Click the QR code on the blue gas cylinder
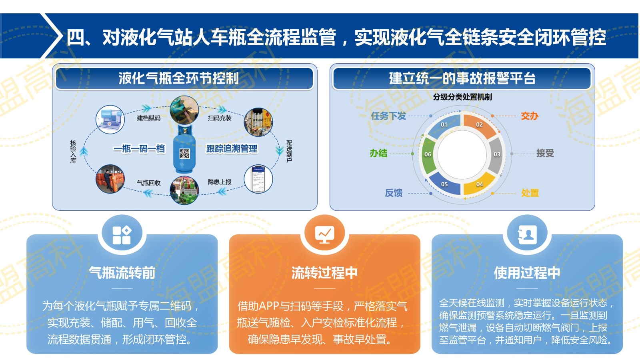[184, 154]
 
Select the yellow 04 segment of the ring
[479, 184]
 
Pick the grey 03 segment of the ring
[496, 155]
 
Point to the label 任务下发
[388, 116]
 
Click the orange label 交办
[530, 116]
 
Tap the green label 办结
[378, 154]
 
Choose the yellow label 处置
[530, 193]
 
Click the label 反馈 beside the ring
[394, 193]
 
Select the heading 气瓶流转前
[122, 272]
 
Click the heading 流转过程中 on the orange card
[324, 272]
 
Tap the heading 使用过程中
[527, 272]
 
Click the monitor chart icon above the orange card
[324, 234]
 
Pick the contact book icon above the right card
[527, 234]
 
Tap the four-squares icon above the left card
[122, 235]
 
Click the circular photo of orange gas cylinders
[110, 179]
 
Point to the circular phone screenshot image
[258, 179]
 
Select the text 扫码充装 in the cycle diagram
[220, 118]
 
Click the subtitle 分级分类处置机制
[462, 97]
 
